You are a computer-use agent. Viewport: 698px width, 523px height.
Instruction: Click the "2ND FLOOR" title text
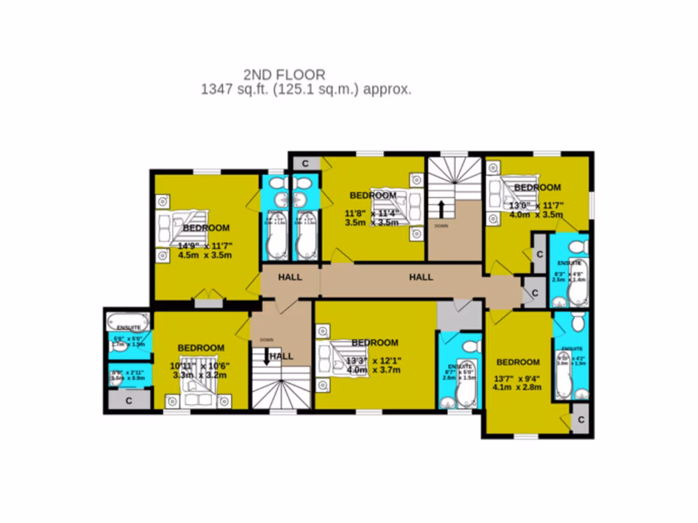pyautogui.click(x=284, y=74)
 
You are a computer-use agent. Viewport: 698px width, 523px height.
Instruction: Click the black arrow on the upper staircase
pyautogui.click(x=442, y=208)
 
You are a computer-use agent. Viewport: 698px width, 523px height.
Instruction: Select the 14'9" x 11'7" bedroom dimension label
pyautogui.click(x=205, y=251)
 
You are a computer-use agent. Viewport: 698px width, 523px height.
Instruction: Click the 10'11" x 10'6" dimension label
pyautogui.click(x=200, y=370)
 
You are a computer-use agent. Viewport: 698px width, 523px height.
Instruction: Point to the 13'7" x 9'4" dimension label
pyautogui.click(x=517, y=383)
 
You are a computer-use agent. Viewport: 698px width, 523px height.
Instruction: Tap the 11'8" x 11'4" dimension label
pyautogui.click(x=372, y=217)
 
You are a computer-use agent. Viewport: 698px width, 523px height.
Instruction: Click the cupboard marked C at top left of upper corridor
pyautogui.click(x=305, y=163)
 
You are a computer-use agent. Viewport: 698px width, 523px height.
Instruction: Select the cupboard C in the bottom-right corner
pyautogui.click(x=581, y=419)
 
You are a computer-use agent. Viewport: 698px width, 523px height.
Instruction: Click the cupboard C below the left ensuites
pyautogui.click(x=129, y=400)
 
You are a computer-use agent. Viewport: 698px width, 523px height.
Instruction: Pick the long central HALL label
pyautogui.click(x=421, y=277)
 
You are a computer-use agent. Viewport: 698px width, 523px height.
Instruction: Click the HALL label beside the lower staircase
pyautogui.click(x=282, y=356)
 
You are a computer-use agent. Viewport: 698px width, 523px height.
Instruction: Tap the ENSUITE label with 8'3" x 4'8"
pyautogui.click(x=569, y=263)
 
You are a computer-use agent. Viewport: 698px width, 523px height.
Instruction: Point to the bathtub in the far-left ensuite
pyautogui.click(x=127, y=321)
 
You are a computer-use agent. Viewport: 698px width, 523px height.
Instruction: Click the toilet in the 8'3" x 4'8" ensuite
pyautogui.click(x=578, y=245)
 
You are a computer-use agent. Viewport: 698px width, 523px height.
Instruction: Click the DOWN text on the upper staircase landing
pyautogui.click(x=441, y=225)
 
